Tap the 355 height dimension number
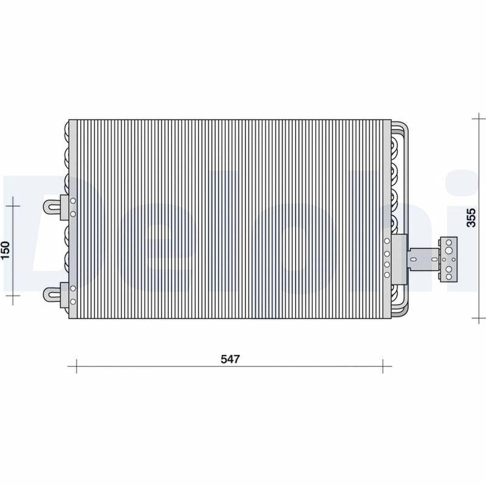[470, 217]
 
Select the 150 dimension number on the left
[5, 250]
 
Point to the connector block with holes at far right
[449, 259]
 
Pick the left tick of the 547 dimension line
[76, 366]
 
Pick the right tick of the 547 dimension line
[383, 366]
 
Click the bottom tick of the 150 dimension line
[12, 295]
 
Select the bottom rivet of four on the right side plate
[386, 274]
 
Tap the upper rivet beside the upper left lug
[72, 201]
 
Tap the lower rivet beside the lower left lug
[72, 301]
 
